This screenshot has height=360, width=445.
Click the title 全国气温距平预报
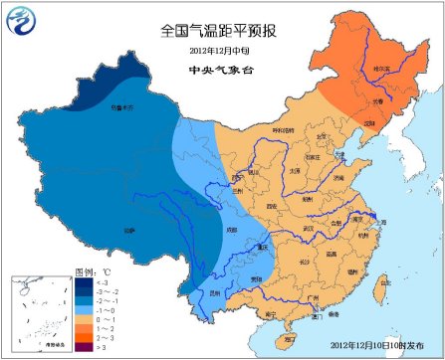222,31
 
